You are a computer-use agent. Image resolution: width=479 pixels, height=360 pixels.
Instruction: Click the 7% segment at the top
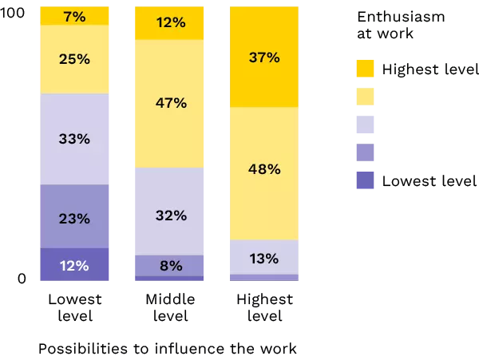pyautogui.click(x=74, y=16)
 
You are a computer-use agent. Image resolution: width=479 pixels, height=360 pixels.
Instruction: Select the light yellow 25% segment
pyautogui.click(x=74, y=59)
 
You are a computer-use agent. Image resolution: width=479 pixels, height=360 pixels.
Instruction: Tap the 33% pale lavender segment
pyautogui.click(x=74, y=139)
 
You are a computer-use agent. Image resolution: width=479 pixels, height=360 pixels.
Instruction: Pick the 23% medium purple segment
pyautogui.click(x=74, y=216)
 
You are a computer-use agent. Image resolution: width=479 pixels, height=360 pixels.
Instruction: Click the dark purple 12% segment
pyautogui.click(x=74, y=264)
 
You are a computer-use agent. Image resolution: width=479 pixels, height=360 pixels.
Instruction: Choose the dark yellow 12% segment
pyautogui.click(x=169, y=23)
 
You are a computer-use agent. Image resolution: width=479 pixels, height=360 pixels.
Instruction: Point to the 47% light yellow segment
pyautogui.click(x=169, y=103)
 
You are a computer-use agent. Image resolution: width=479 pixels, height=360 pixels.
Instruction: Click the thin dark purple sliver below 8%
pyautogui.click(x=169, y=279)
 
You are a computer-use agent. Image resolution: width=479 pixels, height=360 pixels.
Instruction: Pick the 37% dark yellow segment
pyautogui.click(x=265, y=57)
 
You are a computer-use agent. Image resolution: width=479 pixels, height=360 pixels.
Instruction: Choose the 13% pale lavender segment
pyautogui.click(x=265, y=257)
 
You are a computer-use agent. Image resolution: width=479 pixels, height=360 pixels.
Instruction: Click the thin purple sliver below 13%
pyautogui.click(x=265, y=278)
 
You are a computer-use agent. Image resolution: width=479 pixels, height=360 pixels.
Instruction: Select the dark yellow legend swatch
pyautogui.click(x=365, y=69)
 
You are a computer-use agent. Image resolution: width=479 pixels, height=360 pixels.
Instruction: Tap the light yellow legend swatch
pyautogui.click(x=365, y=97)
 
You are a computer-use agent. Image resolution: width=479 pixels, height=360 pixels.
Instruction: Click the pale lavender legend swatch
pyautogui.click(x=365, y=125)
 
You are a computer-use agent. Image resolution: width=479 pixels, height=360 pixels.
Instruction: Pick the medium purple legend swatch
pyautogui.click(x=365, y=152)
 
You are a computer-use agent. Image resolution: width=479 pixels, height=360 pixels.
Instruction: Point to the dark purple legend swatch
pyautogui.click(x=365, y=180)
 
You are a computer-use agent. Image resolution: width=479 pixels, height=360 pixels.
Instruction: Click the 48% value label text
pyautogui.click(x=264, y=169)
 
